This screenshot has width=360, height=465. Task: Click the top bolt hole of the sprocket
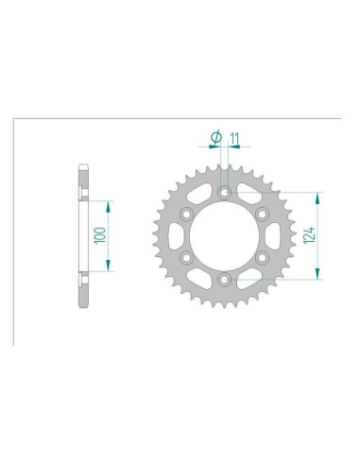tap(223, 193)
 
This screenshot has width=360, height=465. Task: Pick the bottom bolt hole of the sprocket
tap(223, 280)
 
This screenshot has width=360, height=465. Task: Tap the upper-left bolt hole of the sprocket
tap(186, 215)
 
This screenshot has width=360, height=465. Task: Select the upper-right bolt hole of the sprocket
tap(261, 215)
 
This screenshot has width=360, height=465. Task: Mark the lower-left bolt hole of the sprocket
tap(186, 258)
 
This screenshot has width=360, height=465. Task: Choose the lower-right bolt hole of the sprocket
tap(261, 258)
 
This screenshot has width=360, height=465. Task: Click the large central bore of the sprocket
tap(223, 236)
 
